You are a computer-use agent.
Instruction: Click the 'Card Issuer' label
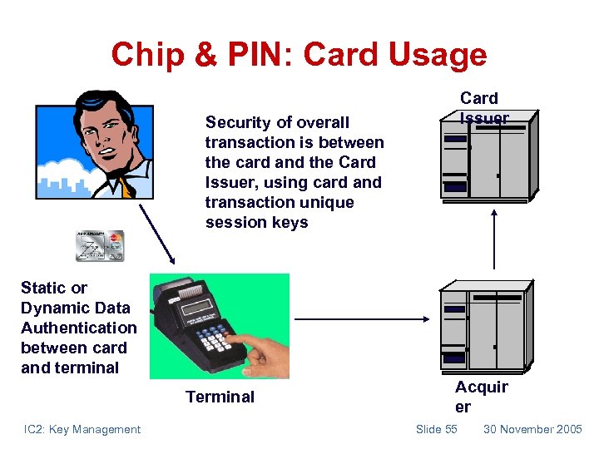pyautogui.click(x=483, y=108)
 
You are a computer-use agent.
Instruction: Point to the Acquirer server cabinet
pyautogui.click(x=485, y=327)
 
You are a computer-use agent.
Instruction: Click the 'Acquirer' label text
pyautogui.click(x=481, y=397)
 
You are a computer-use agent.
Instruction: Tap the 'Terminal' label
pyautogui.click(x=220, y=397)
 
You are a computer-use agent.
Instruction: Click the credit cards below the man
pyautogui.click(x=100, y=245)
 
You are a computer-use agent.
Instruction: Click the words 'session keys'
pyautogui.click(x=256, y=222)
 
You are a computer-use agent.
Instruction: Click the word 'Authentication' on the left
pyautogui.click(x=78, y=328)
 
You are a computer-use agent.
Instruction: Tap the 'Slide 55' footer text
pyautogui.click(x=437, y=429)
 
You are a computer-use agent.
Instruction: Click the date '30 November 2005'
pyautogui.click(x=532, y=429)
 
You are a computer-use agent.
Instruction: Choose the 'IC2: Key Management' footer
pyautogui.click(x=82, y=429)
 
